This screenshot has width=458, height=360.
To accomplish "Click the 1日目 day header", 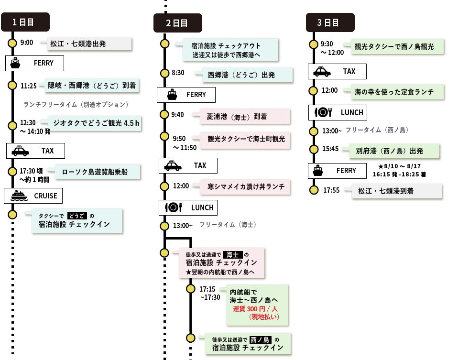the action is click(x=25, y=22).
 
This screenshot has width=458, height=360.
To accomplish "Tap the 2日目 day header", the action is click(x=178, y=23).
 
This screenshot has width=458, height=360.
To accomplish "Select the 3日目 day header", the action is click(x=330, y=22).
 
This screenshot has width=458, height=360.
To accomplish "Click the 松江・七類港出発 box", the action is click(x=89, y=44).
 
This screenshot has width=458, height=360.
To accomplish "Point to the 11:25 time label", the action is click(x=29, y=86).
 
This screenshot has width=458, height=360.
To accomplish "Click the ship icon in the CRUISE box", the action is click(x=19, y=196).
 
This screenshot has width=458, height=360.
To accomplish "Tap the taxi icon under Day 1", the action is click(x=20, y=151).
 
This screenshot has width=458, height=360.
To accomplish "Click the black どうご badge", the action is click(x=77, y=216).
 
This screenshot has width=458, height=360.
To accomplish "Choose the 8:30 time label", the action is click(x=178, y=73).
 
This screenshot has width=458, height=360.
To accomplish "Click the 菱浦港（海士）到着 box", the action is click(x=245, y=117).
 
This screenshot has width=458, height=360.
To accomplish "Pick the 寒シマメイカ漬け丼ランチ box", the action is click(x=245, y=186).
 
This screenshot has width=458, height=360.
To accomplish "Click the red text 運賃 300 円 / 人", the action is click(x=255, y=309).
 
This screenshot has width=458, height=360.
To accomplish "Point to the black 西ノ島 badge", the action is click(x=260, y=340).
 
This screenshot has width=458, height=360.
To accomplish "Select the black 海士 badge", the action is click(x=233, y=255).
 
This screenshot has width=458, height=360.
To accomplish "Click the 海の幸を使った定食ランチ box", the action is click(x=397, y=92).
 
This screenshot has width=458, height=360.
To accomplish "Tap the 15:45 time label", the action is click(x=330, y=149).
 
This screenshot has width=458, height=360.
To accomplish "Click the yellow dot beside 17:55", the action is click(x=314, y=190).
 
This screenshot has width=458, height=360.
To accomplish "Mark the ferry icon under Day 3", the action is click(x=318, y=171).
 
